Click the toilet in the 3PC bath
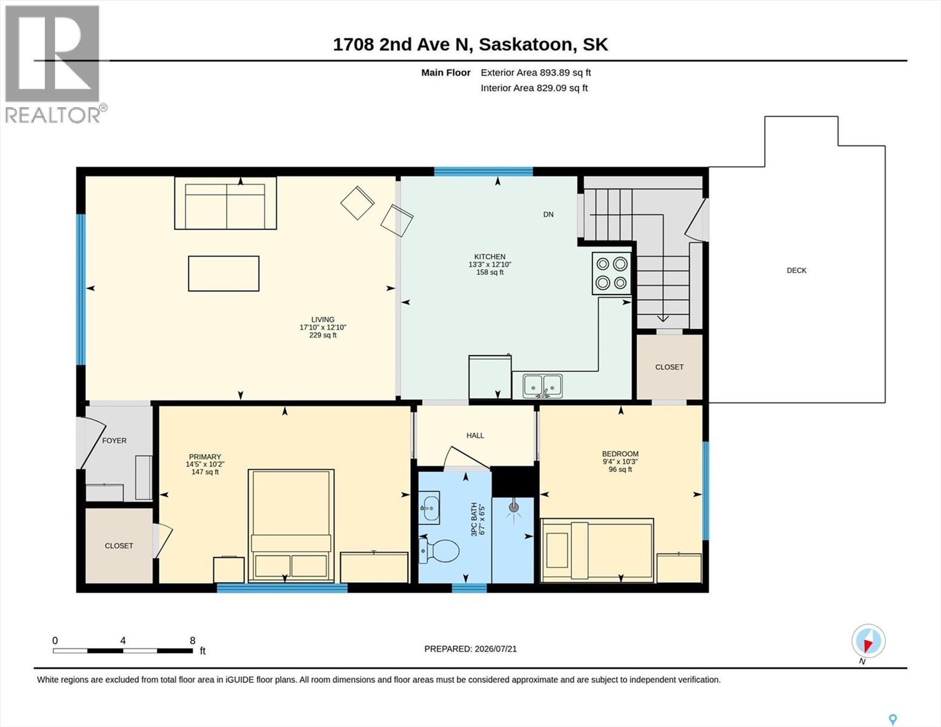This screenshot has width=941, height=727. (439, 551)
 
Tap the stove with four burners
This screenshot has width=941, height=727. (611, 274)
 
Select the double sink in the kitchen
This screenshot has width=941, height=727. (542, 387)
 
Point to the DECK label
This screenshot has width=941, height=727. (796, 271)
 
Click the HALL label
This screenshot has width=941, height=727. (475, 436)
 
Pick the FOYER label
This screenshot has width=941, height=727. (115, 441)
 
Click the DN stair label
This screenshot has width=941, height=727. (548, 214)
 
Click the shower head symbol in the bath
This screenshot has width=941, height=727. (514, 507)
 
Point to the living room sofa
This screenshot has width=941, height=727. (225, 203)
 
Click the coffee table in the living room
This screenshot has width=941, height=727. (224, 274)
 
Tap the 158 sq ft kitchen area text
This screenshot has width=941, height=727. (490, 273)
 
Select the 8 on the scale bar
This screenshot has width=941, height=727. (192, 640)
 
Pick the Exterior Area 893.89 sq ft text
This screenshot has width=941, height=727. (536, 73)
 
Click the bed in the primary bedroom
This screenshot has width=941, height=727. (291, 526)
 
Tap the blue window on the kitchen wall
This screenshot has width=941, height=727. (484, 171)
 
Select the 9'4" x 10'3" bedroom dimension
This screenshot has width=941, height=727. (620, 462)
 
